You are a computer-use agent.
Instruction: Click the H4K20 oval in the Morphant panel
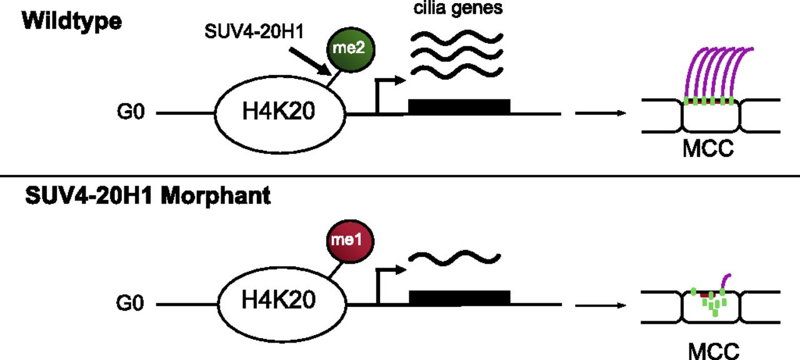click(x=280, y=303)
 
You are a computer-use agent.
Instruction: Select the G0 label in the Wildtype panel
click(x=131, y=115)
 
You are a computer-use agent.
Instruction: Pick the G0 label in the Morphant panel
click(x=131, y=304)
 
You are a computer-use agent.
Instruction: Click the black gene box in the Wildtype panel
click(x=459, y=106)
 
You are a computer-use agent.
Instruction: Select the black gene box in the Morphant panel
click(x=459, y=297)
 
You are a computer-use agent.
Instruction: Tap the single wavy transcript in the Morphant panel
click(x=454, y=257)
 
